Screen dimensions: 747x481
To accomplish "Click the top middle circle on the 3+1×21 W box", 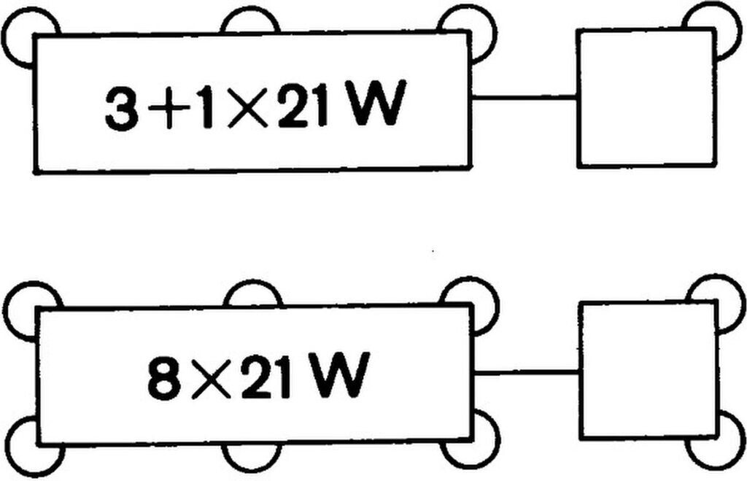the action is (250, 20).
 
